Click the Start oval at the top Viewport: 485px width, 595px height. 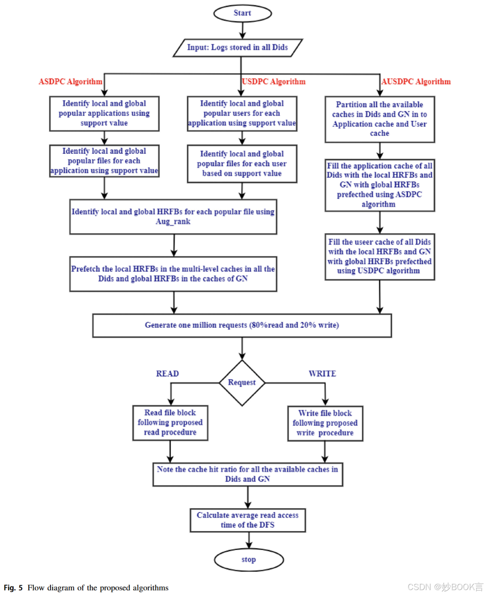tap(242, 13)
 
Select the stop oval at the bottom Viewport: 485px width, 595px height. tap(249, 560)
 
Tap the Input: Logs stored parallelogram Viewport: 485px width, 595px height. tap(238, 48)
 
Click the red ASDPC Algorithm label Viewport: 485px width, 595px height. tap(70, 82)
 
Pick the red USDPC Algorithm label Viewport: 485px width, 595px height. tap(274, 82)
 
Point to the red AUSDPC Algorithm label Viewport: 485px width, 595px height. tap(416, 82)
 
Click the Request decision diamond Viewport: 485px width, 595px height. tap(242, 383)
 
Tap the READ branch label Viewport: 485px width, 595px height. tap(167, 374)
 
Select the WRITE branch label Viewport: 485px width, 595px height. tap(322, 374)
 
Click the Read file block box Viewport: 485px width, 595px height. tap(170, 423)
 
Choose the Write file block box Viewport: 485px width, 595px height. tap(325, 423)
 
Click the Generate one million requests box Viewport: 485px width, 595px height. tap(242, 325)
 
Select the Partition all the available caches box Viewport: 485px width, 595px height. tap(380, 119)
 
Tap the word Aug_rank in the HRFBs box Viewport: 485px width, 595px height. tap(173, 222)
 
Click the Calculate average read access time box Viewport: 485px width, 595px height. tap(247, 520)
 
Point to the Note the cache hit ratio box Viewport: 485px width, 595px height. tap(247, 474)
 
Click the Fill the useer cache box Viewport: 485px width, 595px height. tap(380, 257)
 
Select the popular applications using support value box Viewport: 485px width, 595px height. tap(104, 114)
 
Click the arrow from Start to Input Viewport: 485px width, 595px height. tap(242, 30)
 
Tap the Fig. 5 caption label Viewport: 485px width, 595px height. tap(13, 588)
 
